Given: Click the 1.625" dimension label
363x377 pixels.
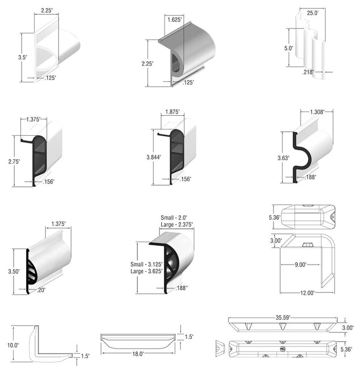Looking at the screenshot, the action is [175, 19].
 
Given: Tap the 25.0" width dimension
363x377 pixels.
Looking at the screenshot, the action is [313, 12].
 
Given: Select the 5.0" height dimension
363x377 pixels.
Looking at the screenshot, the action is [289, 48].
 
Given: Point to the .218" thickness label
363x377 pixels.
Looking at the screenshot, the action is [308, 72].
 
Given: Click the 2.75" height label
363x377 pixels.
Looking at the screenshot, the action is [14, 161].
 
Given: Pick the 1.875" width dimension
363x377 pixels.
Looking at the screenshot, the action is [172, 112].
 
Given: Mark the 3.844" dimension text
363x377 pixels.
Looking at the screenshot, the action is [154, 157].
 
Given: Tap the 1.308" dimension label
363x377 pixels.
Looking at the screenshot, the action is [317, 112].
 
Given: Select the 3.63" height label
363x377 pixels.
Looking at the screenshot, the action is [284, 158].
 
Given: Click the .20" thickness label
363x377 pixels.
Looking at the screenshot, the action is [41, 290].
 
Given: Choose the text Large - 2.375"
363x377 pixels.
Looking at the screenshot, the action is [177, 225].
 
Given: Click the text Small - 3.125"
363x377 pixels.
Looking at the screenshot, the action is [146, 264].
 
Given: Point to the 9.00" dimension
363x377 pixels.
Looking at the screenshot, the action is [301, 265].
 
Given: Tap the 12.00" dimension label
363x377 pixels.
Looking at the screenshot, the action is [307, 293].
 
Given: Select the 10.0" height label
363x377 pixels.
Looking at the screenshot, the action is [13, 345].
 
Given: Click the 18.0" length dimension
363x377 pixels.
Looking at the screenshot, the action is [138, 354].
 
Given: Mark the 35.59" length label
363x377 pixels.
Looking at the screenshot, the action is [283, 317].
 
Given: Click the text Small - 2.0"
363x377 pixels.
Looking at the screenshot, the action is [174, 217].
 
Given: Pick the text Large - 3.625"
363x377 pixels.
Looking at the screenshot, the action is [146, 271].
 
